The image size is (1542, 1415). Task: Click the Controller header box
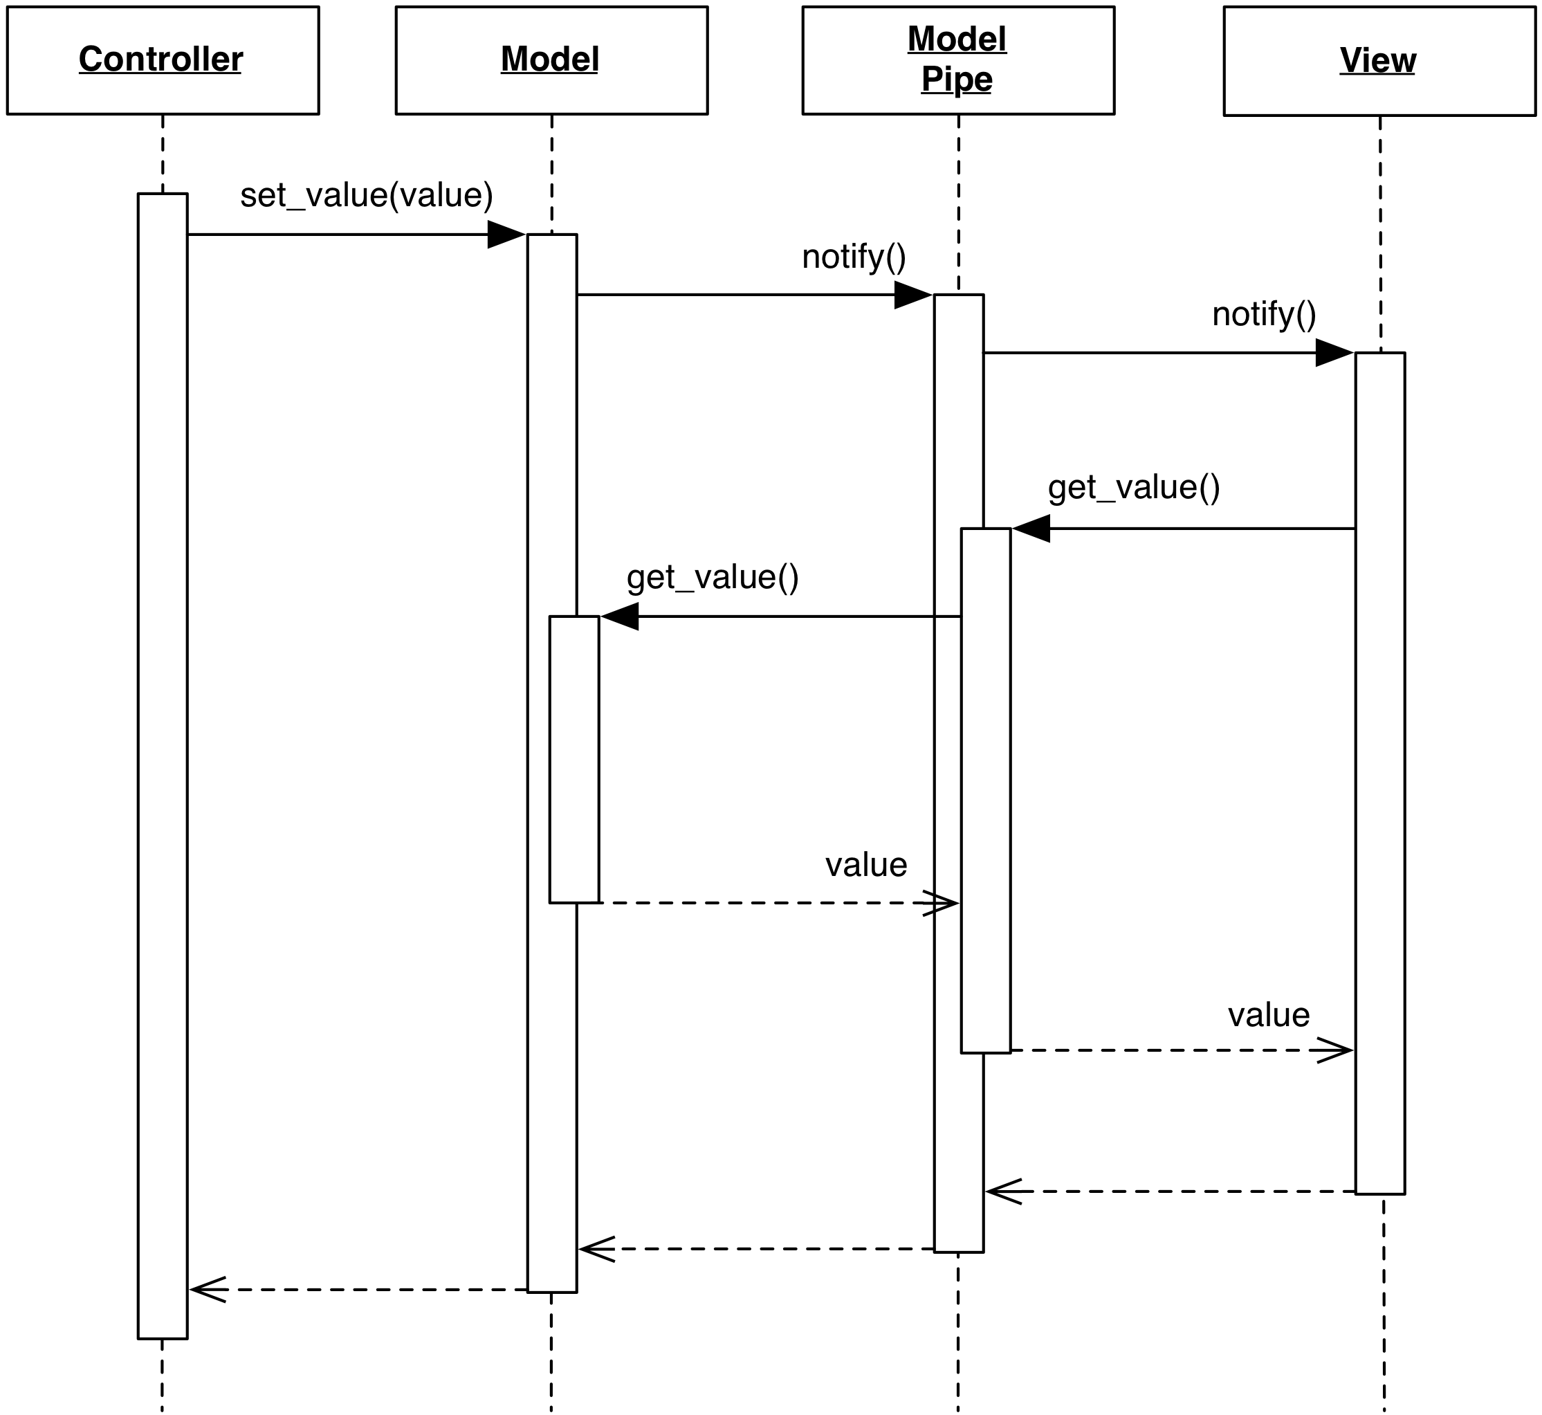(163, 60)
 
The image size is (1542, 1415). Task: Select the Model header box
(551, 60)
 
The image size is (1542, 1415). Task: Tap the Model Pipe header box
(958, 60)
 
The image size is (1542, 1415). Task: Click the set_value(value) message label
(366, 195)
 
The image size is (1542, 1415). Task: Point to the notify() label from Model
(854, 257)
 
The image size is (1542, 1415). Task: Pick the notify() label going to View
(1264, 315)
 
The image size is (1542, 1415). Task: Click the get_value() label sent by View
(1134, 488)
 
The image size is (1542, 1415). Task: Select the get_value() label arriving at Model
(713, 577)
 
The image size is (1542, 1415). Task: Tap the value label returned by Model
(866, 865)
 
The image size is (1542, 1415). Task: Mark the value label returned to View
(1269, 1015)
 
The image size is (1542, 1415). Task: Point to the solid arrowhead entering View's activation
(1334, 353)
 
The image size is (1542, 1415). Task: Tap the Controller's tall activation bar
(163, 766)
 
